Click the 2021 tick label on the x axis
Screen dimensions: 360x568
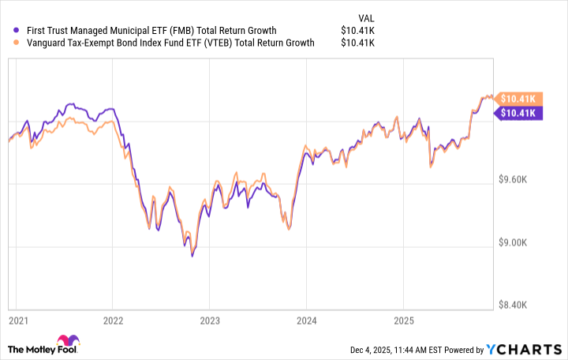pos(17,321)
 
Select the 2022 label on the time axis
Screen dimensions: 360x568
pos(113,321)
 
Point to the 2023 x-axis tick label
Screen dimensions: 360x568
pos(209,321)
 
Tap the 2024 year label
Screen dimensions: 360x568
pos(306,321)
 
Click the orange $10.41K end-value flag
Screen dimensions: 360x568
pos(516,99)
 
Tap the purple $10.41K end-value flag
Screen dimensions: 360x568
pos(516,113)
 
